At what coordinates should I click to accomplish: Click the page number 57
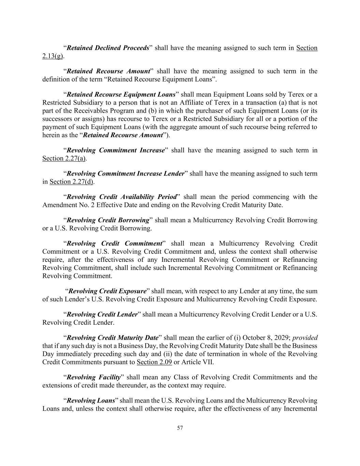180,428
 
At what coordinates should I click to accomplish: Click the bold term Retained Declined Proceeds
108,48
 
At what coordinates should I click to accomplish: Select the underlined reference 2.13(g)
53,56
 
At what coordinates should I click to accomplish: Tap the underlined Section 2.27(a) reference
64,158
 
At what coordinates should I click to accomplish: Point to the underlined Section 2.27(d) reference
71,182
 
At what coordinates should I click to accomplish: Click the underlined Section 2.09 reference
154,362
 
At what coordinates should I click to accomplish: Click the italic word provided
305,338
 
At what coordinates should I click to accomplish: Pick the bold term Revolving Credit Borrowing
108,220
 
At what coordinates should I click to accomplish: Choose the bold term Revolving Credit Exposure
107,291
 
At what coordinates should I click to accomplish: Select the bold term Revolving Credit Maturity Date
113,338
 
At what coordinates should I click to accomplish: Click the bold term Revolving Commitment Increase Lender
125,174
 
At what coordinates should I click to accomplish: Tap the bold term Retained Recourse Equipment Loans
121,95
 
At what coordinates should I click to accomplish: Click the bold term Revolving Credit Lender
102,314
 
